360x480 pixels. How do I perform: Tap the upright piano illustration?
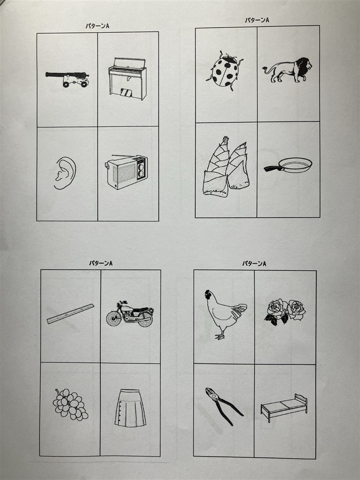pos(127,79)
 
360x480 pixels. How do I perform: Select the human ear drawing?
pos(65,173)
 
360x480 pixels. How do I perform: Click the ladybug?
pos(225,71)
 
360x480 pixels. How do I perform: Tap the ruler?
pos(70,314)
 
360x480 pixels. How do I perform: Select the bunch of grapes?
pos(70,405)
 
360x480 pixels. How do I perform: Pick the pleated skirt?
pos(130,408)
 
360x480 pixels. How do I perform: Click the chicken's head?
pos(209,295)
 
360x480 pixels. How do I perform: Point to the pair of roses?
pos(285,312)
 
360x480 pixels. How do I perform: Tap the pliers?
pos(224,406)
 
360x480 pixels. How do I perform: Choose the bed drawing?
pos(284,407)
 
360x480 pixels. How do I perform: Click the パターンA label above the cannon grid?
pos(97,26)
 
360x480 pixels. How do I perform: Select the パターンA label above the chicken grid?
pos(254,263)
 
